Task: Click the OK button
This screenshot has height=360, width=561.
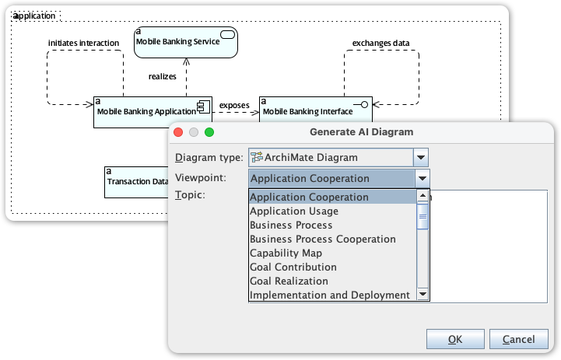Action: pos(455,339)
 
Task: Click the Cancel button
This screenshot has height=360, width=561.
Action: pos(518,339)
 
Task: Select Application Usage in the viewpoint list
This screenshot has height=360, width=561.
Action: pos(294,211)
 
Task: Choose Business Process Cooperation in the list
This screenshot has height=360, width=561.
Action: pos(323,239)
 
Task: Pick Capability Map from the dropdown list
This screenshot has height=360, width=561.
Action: pos(286,253)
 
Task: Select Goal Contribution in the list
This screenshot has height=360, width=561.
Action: pos(293,267)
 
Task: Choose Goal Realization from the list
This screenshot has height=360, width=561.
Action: pos(289,281)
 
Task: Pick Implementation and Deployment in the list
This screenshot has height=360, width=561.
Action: pos(329,295)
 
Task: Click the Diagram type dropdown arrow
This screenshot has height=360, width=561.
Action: pos(421,157)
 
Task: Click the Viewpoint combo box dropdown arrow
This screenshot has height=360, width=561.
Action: pos(421,178)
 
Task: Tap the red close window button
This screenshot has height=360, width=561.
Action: pos(178,132)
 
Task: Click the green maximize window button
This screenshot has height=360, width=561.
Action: pos(209,132)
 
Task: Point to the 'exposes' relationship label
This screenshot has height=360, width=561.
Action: pos(234,105)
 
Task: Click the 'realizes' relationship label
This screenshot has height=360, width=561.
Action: pos(163,76)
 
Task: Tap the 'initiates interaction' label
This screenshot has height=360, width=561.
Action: pos(83,43)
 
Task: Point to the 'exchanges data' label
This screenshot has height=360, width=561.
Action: pos(380,43)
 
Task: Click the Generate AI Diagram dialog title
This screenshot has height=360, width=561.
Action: pos(361,132)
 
